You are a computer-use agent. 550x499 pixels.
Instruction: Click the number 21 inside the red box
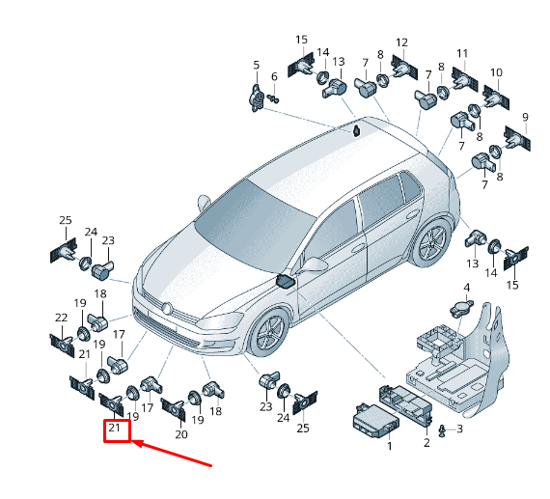(115, 428)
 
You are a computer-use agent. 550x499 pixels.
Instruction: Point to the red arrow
(172, 454)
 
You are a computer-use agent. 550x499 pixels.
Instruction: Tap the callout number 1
(390, 446)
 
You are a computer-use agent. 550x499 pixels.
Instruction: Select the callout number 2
(426, 442)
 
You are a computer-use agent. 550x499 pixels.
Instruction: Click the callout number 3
(459, 429)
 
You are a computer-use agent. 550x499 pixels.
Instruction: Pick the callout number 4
(466, 288)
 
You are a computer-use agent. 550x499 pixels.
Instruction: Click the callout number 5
(257, 65)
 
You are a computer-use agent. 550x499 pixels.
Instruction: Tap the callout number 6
(274, 76)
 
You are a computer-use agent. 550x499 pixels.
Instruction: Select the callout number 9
(525, 117)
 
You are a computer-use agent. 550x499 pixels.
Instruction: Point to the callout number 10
(496, 72)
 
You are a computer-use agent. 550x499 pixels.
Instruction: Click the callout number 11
(462, 53)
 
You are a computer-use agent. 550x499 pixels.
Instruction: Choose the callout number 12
(402, 42)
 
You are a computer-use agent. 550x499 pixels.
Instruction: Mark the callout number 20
(181, 434)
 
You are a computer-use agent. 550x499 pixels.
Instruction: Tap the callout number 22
(62, 318)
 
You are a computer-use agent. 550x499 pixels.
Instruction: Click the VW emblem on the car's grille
(168, 309)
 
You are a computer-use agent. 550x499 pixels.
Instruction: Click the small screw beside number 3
(443, 430)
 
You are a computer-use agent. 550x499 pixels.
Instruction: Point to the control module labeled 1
(375, 422)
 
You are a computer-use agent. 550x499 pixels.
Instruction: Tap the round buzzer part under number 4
(461, 308)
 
